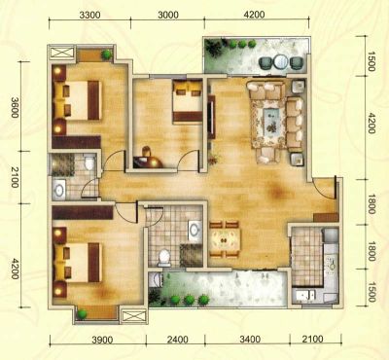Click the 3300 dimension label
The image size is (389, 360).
(x=89, y=15)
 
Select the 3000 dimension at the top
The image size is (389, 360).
(x=168, y=15)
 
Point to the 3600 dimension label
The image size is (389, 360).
(x=15, y=107)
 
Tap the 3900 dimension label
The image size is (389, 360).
(x=102, y=340)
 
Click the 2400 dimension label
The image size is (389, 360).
(x=177, y=340)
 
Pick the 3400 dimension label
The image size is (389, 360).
(x=250, y=340)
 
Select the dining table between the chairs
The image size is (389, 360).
(x=225, y=239)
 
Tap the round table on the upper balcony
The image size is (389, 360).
(x=280, y=61)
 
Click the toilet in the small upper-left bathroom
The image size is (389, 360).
(x=88, y=162)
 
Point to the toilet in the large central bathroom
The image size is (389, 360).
(x=164, y=257)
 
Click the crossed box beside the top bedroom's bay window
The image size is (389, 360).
(x=62, y=52)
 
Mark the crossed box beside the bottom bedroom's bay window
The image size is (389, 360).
(x=133, y=315)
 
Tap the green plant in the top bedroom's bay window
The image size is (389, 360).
(x=106, y=54)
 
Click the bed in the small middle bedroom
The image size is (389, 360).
(x=188, y=101)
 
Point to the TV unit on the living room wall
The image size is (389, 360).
(x=211, y=117)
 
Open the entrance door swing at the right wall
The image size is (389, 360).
(x=324, y=190)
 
